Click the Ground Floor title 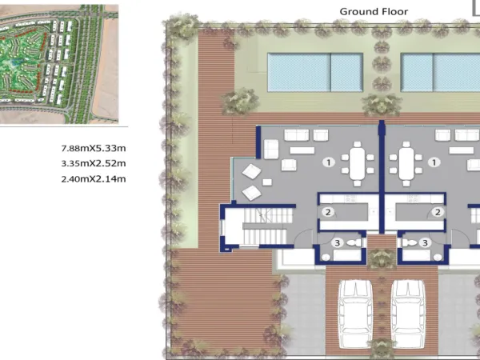click(374, 12)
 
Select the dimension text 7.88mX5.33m click(94, 149)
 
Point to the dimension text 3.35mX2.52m click(94, 163)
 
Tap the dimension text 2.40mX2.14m click(94, 178)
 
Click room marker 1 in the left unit click(329, 162)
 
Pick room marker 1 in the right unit click(434, 162)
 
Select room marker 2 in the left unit click(328, 212)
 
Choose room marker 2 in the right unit click(438, 212)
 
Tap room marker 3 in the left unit click(337, 242)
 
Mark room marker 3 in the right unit click(425, 242)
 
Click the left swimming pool click(315, 72)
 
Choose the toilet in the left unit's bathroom click(355, 242)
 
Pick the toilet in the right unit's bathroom click(409, 242)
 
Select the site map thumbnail click(59, 64)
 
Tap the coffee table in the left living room click(302, 150)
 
